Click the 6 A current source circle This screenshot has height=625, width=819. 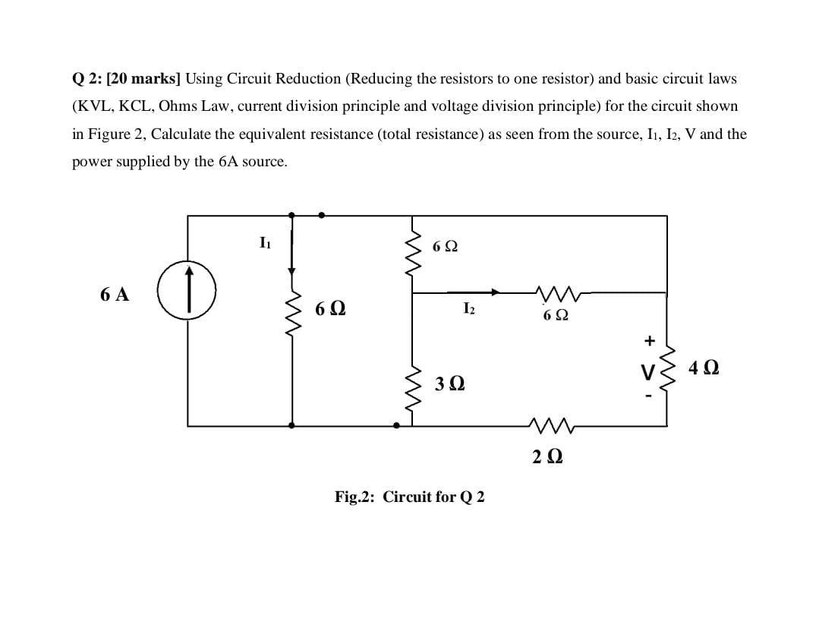pos(187,290)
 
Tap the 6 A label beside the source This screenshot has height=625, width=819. pos(114,295)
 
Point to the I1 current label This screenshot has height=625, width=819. pos(263,244)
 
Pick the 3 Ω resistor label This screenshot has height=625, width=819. pos(450,384)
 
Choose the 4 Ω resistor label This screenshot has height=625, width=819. pos(704,368)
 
